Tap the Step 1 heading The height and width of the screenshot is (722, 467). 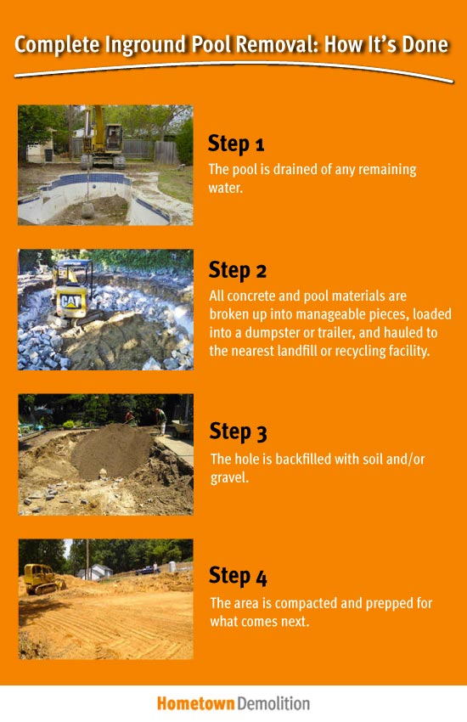pyautogui.click(x=237, y=143)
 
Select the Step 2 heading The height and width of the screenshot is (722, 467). pyautogui.click(x=238, y=270)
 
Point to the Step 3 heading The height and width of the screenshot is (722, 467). pyautogui.click(x=238, y=432)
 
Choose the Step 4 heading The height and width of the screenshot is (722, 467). pyautogui.click(x=238, y=576)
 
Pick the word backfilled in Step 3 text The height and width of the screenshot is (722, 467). pyautogui.click(x=294, y=459)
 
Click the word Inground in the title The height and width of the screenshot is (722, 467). pyautogui.click(x=146, y=44)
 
